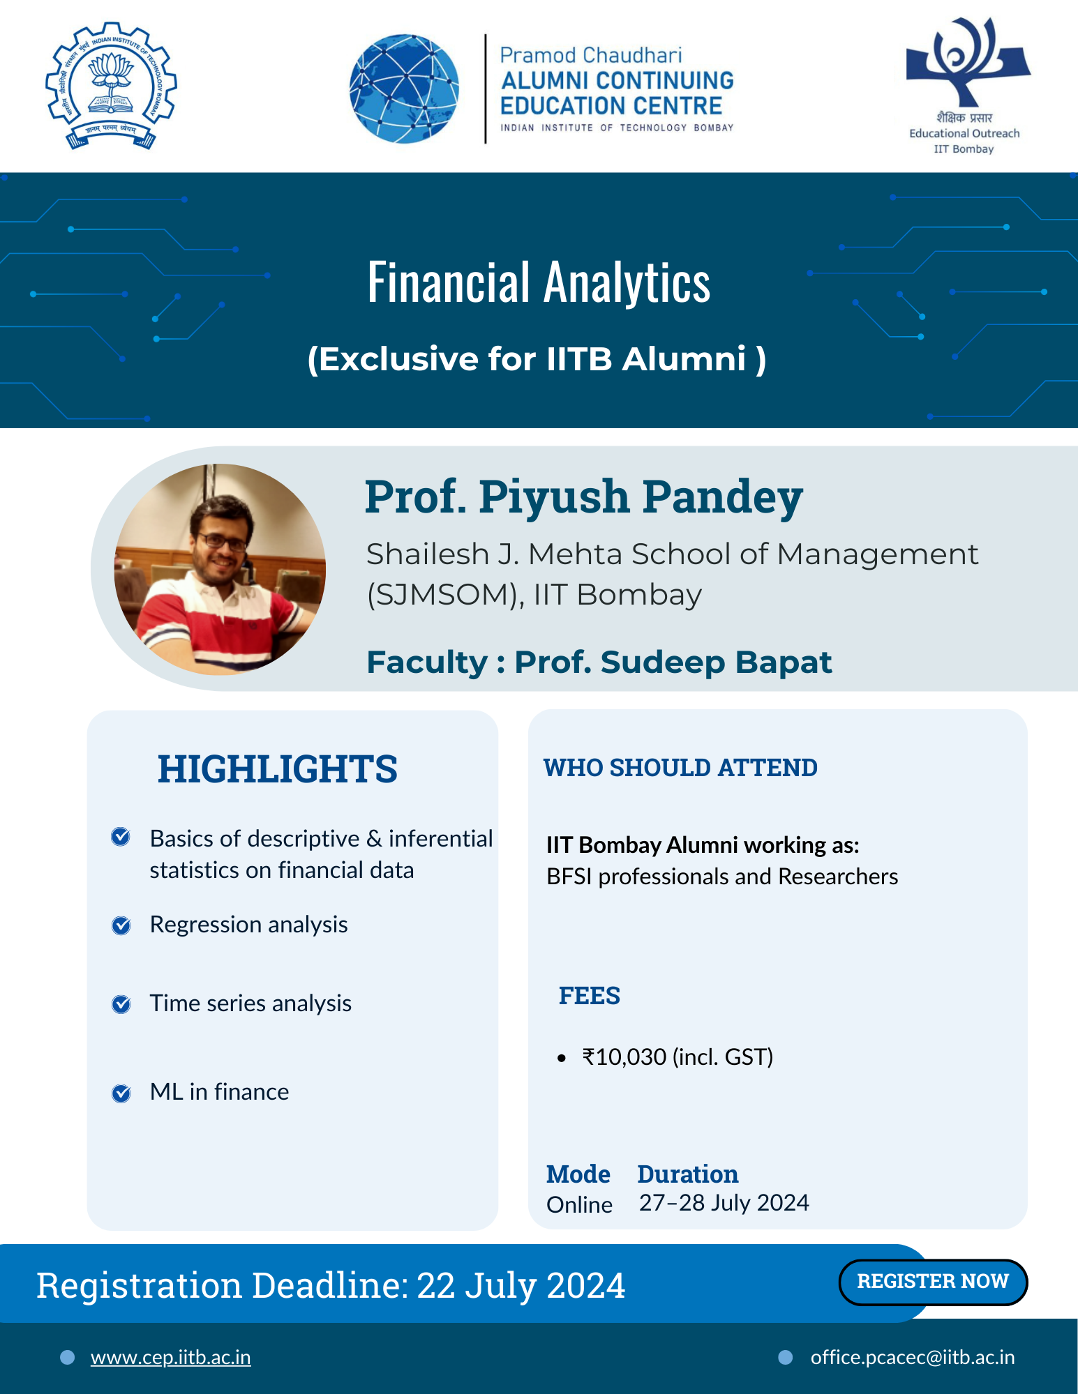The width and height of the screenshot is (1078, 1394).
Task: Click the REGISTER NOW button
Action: click(x=933, y=1282)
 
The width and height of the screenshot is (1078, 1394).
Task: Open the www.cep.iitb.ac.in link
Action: click(x=170, y=1357)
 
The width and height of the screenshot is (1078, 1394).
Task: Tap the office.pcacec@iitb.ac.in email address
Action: click(x=913, y=1357)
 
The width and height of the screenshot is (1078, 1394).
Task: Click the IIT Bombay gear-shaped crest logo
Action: click(x=111, y=85)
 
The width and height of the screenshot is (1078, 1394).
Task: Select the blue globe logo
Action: click(x=404, y=89)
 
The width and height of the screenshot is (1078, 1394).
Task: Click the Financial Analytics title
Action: click(x=539, y=282)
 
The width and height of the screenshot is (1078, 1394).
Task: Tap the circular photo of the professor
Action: click(x=220, y=569)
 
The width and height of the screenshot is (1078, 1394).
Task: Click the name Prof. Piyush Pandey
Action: click(x=584, y=498)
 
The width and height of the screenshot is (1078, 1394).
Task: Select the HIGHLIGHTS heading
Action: click(x=278, y=769)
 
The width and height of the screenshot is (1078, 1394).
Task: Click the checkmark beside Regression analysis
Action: click(x=121, y=925)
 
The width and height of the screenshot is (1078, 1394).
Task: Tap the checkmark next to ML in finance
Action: click(x=121, y=1093)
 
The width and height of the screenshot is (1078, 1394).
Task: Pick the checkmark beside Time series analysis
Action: click(x=121, y=1004)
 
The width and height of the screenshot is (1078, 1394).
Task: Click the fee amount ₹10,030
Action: click(x=624, y=1057)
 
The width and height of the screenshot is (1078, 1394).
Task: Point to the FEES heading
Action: click(x=590, y=996)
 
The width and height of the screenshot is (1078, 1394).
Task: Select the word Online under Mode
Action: click(x=580, y=1205)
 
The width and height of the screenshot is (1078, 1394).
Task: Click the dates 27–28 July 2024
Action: click(x=724, y=1203)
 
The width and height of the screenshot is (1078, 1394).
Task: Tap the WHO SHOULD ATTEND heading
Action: click(x=680, y=768)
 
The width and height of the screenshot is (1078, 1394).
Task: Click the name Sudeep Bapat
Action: click(x=716, y=662)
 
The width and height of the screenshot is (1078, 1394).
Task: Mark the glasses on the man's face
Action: click(x=222, y=542)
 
